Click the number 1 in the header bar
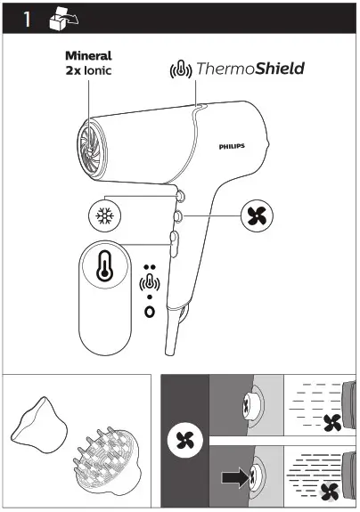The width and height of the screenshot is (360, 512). [27, 18]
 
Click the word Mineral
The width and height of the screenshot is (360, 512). [89, 55]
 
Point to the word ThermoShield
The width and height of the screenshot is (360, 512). [251, 69]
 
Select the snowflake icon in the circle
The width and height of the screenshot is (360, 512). [103, 215]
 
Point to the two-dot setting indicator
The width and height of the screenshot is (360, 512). [149, 267]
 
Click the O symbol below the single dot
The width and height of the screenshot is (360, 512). [149, 313]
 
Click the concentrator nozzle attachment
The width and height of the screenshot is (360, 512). [41, 422]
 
